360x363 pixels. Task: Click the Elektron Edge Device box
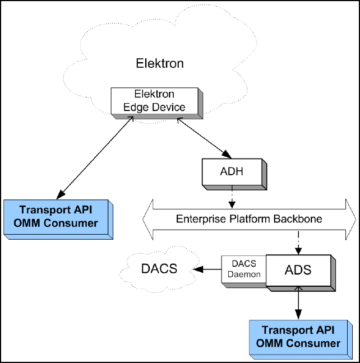coord(154,101)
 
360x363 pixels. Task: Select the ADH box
coord(233,171)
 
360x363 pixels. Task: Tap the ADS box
coord(298,271)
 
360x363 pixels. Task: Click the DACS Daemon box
coord(243,268)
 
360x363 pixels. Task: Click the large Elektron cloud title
coord(160,63)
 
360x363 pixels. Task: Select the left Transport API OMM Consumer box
coord(58,217)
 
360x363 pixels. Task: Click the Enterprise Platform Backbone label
coord(249,219)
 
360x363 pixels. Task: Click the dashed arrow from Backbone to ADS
coord(298,243)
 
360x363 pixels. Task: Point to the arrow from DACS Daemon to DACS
coord(208,269)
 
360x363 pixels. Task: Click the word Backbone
coord(300,219)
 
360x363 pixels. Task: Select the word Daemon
coord(243,274)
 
